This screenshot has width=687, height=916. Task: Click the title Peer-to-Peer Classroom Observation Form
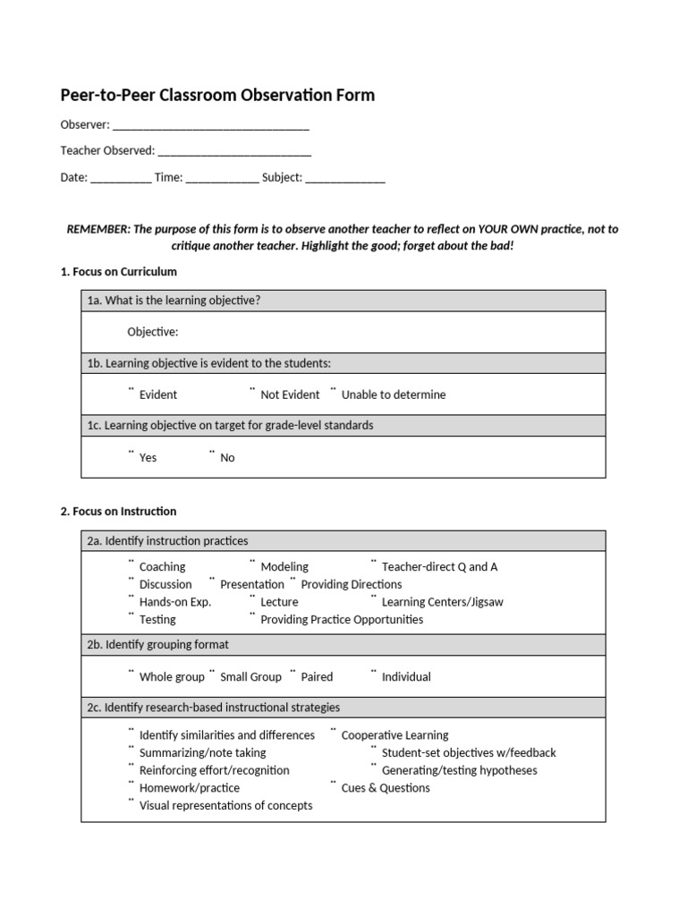[x=217, y=95]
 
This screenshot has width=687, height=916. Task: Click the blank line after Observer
[x=211, y=126]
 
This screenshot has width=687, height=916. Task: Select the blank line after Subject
[x=345, y=178]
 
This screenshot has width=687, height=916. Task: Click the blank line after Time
[x=223, y=178]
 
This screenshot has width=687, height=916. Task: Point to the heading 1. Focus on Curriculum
[x=119, y=271]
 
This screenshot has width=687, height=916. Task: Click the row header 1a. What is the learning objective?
[x=174, y=301]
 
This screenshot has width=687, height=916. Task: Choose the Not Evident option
[x=289, y=394]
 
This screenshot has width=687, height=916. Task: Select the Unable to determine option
[x=393, y=394]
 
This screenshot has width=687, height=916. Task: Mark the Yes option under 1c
[x=148, y=457]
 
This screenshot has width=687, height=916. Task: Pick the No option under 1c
[x=227, y=457]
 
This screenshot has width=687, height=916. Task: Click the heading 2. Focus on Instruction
[x=118, y=512]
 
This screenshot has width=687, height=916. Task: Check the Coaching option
[x=162, y=566]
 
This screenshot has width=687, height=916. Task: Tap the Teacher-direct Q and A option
[x=439, y=566]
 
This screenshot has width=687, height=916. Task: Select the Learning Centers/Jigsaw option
[x=442, y=602]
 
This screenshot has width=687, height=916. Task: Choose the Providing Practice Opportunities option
[x=342, y=619]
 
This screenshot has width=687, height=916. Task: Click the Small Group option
[x=250, y=677]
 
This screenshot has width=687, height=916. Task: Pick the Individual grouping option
[x=406, y=677]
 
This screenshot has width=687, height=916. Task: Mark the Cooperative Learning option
[x=394, y=735]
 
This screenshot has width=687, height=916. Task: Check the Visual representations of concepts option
[x=225, y=805]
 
